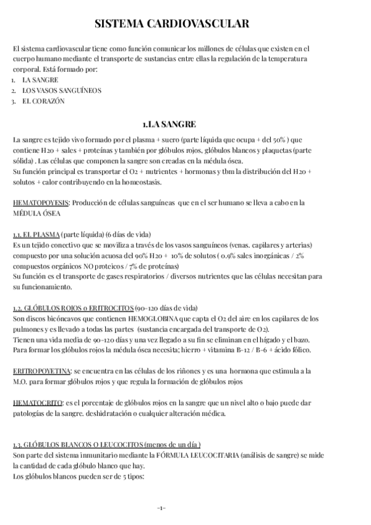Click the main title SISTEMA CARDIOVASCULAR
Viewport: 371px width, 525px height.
coord(185,24)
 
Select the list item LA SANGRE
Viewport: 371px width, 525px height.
coord(41,80)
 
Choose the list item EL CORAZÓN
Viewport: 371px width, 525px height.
coord(43,101)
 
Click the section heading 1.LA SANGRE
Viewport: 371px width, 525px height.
coord(185,124)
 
